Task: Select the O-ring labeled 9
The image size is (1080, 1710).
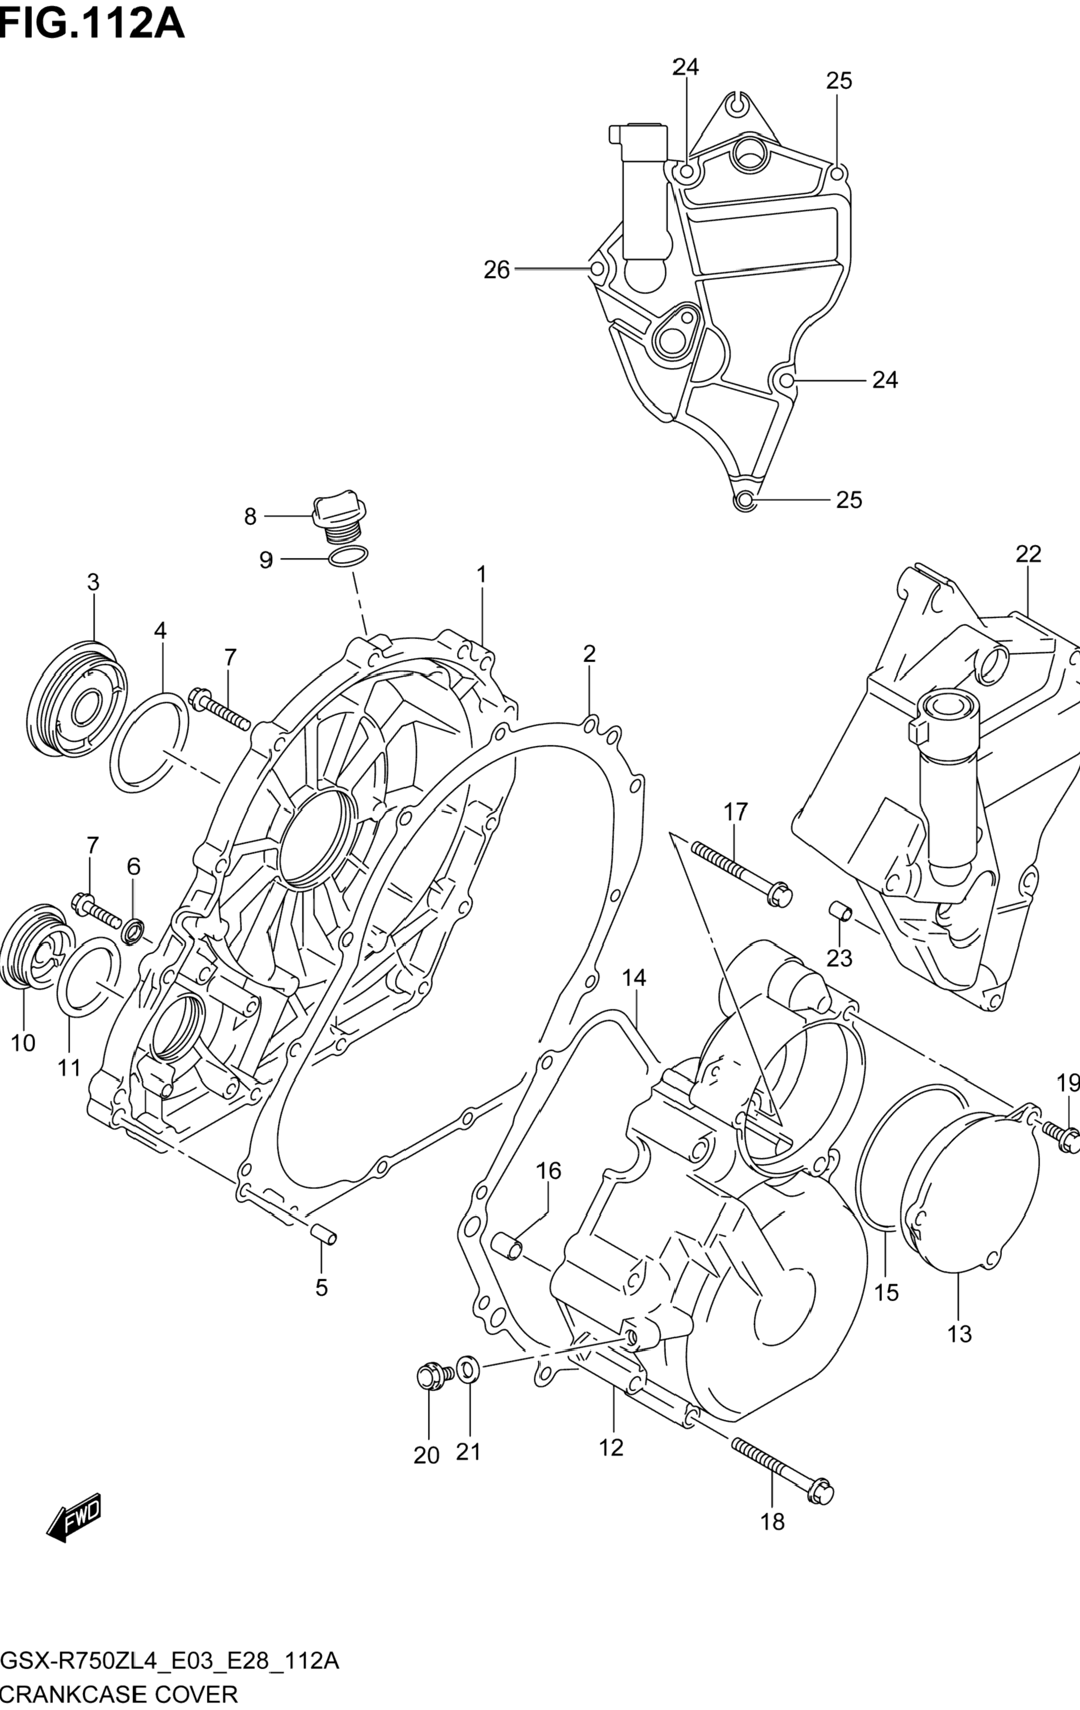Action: coord(349,557)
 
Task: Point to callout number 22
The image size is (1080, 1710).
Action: coord(1028,554)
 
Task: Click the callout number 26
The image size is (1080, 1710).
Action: coord(497,270)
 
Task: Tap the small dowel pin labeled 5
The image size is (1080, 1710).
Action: coord(323,1234)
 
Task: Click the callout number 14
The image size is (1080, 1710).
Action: coord(634,978)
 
